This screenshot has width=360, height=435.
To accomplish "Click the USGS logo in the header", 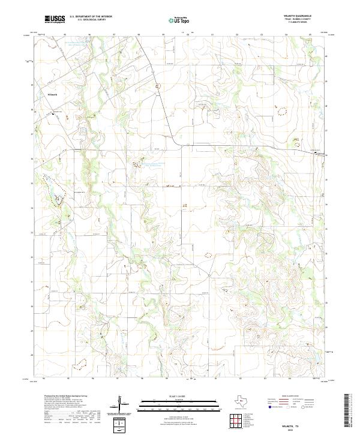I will click(55, 19).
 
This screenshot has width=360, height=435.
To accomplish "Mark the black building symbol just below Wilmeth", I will click(53, 113).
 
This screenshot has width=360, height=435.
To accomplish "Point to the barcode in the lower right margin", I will click(350, 412).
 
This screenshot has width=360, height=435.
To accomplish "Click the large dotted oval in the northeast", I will click(281, 112).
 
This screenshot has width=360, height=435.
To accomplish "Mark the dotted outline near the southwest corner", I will click(79, 363).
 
